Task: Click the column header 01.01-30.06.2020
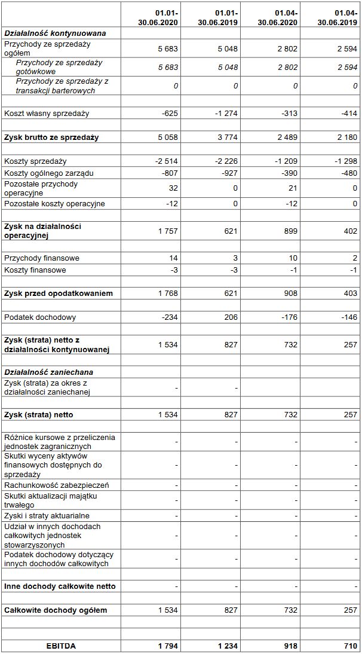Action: tap(158, 17)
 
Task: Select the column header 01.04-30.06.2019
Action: tap(338, 17)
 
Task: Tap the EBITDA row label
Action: tap(62, 646)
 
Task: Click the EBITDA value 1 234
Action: tap(228, 646)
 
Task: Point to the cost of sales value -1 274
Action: tap(226, 114)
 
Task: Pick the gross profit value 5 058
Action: tap(168, 137)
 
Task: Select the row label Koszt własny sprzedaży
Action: tap(47, 114)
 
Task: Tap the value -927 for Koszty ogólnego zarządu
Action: tap(229, 173)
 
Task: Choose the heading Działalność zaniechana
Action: tap(48, 372)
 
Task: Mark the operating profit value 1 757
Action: tap(168, 231)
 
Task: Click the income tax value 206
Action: tap(232, 317)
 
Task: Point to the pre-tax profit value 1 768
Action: tap(168, 294)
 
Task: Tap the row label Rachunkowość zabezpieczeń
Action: tap(57, 485)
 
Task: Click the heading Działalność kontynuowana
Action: tap(55, 33)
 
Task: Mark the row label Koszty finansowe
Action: tap(36, 270)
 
